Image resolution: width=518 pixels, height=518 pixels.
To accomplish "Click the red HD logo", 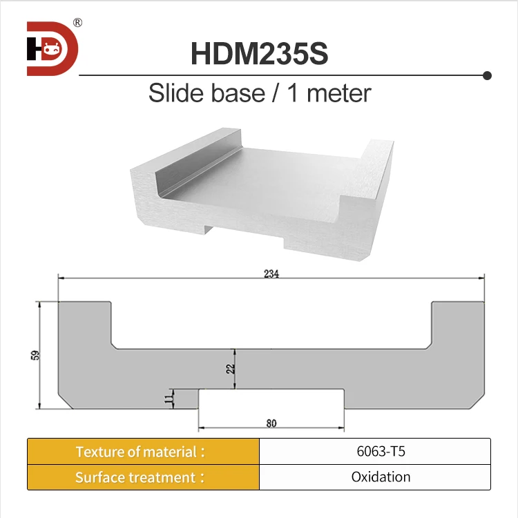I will pos(52,48).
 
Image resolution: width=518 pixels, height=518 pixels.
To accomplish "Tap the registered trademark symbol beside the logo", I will pos(77,23).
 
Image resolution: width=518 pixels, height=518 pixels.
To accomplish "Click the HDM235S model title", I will pos(259,54).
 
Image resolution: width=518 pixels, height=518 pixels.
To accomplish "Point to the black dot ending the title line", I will pos(487,74).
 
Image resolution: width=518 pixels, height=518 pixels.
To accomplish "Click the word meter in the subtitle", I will pos(338,93).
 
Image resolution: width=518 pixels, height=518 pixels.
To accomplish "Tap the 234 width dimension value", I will pos(271,274).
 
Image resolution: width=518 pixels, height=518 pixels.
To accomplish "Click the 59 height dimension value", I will pos(35,355).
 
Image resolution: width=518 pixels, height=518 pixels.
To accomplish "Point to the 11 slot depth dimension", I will pos(169,399).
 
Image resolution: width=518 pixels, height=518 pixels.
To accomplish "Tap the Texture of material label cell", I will pos(143,452).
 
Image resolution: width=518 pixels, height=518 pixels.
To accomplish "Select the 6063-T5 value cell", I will pos(374,452).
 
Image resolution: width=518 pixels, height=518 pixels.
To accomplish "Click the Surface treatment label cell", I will pos(143,477).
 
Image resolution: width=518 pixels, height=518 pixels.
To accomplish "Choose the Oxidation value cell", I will pos(374,477).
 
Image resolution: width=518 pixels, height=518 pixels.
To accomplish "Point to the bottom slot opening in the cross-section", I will pos(271,399).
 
